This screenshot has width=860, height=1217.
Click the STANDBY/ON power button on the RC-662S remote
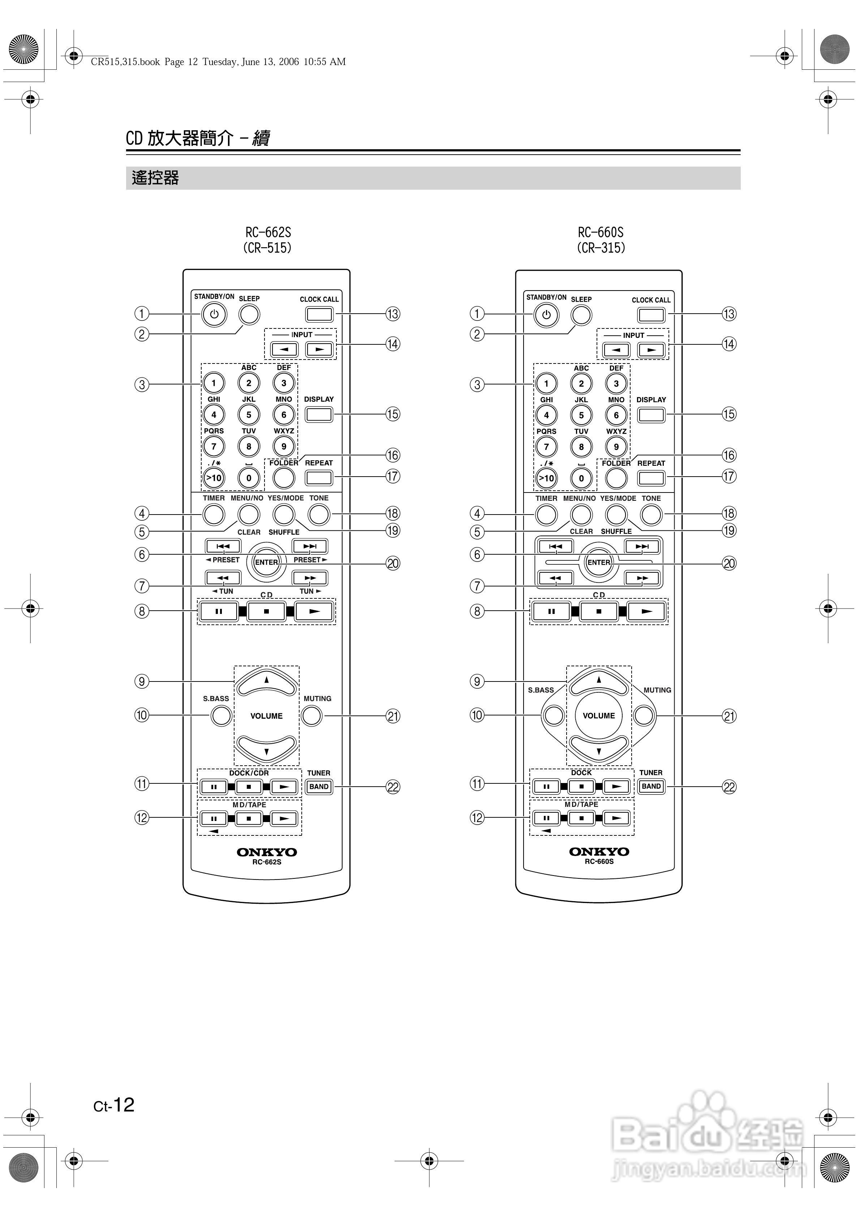[x=214, y=314]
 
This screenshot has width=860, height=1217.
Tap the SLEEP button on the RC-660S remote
[x=581, y=315]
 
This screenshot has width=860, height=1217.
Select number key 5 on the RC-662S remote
[x=249, y=414]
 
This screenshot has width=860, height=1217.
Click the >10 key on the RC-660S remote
[x=546, y=478]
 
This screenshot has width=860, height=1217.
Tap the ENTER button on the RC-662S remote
[x=266, y=562]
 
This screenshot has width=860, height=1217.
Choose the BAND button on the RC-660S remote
[x=651, y=786]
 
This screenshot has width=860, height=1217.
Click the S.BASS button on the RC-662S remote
[x=221, y=715]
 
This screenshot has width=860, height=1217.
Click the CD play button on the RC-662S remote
[x=314, y=611]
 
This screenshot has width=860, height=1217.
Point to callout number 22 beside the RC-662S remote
[x=393, y=787]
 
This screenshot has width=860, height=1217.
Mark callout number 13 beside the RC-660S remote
[x=729, y=314]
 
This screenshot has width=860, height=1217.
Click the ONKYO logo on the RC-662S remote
[x=266, y=852]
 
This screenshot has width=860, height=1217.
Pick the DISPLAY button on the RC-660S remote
[x=651, y=414]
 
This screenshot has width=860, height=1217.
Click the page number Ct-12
[x=114, y=1105]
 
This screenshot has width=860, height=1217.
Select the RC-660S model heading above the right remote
[x=601, y=233]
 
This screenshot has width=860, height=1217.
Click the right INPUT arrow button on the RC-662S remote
[x=319, y=349]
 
